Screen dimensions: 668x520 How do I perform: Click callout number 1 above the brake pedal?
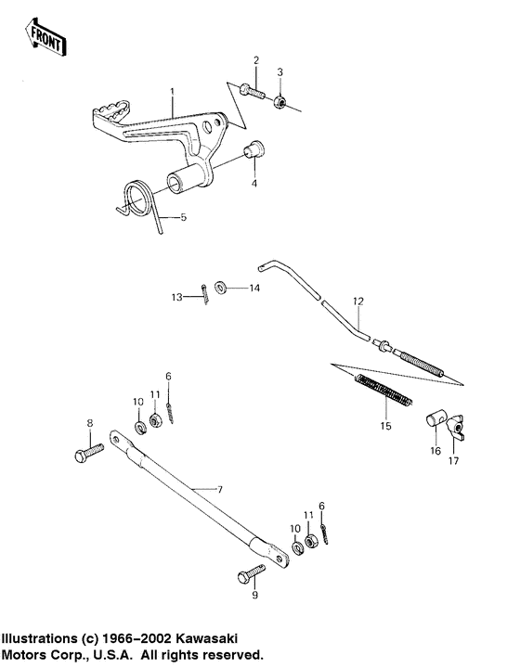172,93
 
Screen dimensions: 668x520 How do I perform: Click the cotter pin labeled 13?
202,292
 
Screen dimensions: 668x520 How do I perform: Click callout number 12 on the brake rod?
358,302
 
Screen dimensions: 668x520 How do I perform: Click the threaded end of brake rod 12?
427,364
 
